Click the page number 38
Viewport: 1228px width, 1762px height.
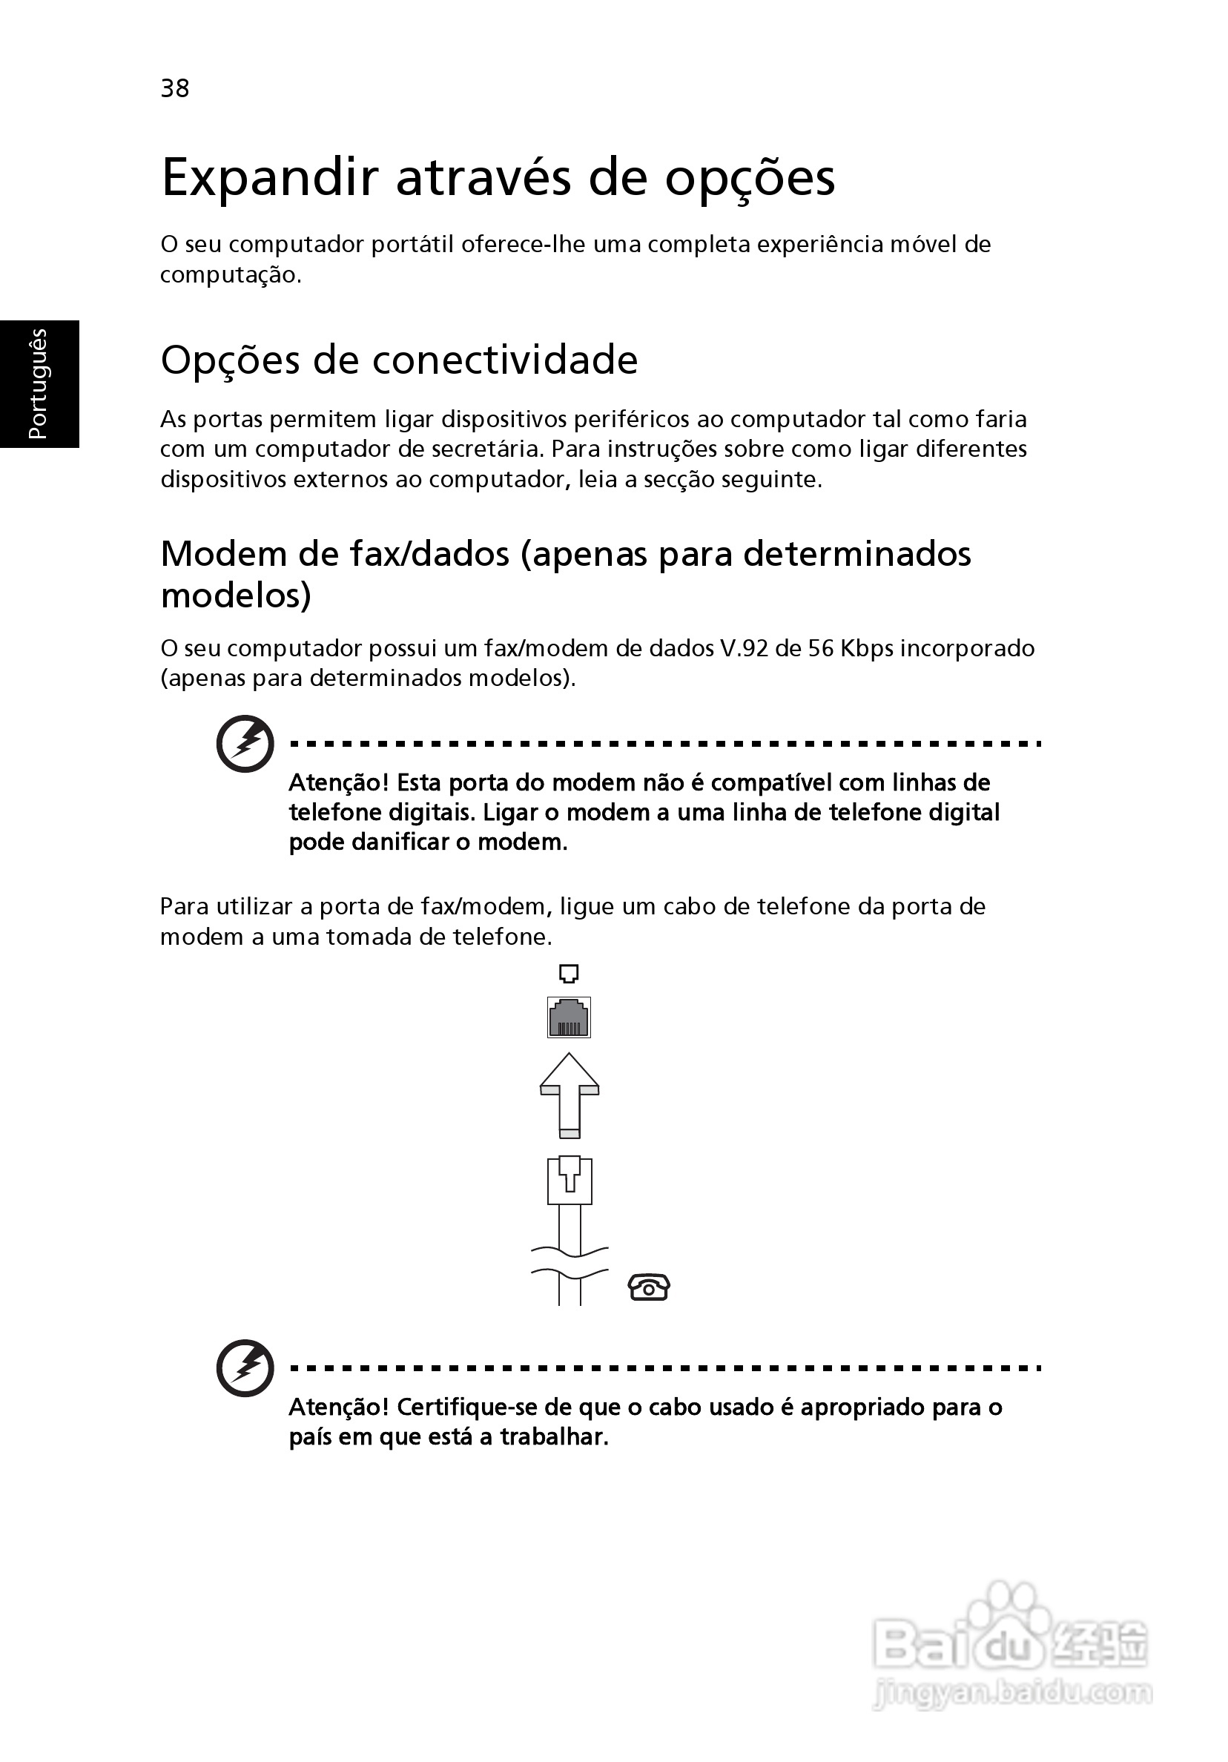click(x=175, y=88)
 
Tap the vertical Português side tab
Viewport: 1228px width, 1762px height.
click(x=39, y=383)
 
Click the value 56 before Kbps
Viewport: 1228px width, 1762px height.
click(x=820, y=648)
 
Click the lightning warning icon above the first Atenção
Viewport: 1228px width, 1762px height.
click(x=245, y=743)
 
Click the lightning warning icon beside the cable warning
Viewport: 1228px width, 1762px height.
click(x=245, y=1368)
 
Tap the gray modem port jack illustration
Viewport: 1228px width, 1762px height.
click(x=569, y=1017)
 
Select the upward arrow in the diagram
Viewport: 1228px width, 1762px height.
click(x=569, y=1095)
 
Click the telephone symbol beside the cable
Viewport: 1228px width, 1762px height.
click(x=649, y=1287)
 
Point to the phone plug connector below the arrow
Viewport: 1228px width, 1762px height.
click(x=570, y=1181)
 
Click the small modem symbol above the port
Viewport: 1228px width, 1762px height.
click(x=569, y=974)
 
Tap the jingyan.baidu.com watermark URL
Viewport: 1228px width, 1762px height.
click(x=1013, y=1692)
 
